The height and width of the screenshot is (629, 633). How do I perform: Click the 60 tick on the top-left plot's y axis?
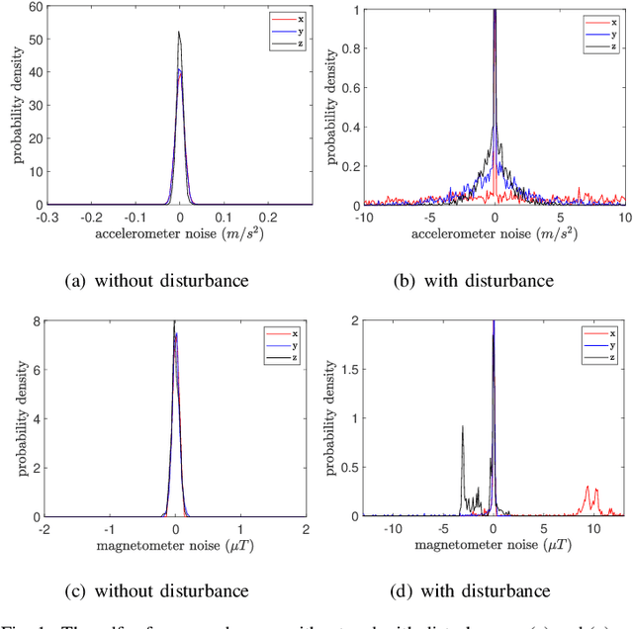[x=27, y=8]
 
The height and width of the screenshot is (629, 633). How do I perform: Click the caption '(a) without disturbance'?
[x=156, y=280]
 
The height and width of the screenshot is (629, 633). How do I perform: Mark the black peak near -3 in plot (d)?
[x=462, y=427]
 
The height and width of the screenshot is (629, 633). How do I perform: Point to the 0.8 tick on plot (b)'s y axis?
[x=341, y=47]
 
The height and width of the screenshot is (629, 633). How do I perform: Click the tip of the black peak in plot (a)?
[x=179, y=32]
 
